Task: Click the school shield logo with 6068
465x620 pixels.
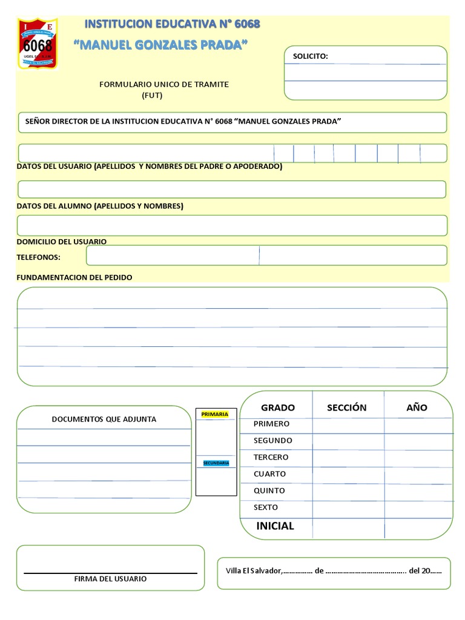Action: [x=38, y=43]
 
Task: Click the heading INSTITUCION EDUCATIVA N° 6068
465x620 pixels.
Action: [x=172, y=24]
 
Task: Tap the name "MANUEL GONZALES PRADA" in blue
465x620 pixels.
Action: [x=160, y=46]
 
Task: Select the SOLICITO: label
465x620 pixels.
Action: [x=311, y=56]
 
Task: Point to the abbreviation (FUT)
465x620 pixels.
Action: [x=152, y=95]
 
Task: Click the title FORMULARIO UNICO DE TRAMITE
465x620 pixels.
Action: [x=164, y=84]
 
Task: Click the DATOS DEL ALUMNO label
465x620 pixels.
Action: [x=100, y=206]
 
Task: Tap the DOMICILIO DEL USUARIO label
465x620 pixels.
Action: [x=62, y=242]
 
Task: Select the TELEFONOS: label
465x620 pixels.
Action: [x=39, y=257]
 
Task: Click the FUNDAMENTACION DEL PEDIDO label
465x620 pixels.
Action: [x=74, y=277]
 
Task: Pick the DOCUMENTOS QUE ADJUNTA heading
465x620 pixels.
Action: [x=104, y=419]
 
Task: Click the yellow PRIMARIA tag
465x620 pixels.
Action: [x=215, y=414]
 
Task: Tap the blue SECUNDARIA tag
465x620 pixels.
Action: [x=216, y=463]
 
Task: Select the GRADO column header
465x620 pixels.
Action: [x=278, y=407]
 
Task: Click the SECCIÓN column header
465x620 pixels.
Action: [x=347, y=407]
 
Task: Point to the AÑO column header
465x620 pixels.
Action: [x=417, y=407]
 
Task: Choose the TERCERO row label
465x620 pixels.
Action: [x=271, y=457]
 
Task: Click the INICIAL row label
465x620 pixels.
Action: [x=275, y=526]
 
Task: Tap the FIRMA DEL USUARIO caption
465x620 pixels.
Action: [x=110, y=579]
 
